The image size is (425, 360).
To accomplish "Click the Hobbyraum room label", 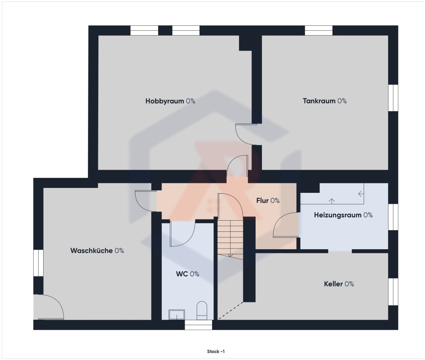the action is (170, 101).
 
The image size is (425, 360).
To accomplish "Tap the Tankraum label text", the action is (325, 101).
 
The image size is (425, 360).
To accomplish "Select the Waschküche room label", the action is (97, 251).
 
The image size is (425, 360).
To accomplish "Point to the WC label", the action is (188, 274).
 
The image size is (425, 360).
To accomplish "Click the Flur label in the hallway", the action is (268, 200).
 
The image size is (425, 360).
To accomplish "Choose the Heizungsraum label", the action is (343, 215).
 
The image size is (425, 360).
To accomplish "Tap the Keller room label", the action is (339, 284).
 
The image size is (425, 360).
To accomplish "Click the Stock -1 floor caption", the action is (216, 352).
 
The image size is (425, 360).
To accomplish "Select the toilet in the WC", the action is (202, 310).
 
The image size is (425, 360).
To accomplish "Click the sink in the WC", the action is (177, 315).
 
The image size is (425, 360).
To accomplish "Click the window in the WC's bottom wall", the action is (198, 325).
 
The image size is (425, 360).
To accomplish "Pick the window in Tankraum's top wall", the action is (319, 30).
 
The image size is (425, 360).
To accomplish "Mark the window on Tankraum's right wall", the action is (393, 98).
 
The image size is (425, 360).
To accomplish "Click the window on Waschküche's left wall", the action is (38, 263).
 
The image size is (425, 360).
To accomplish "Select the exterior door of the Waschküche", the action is (49, 307).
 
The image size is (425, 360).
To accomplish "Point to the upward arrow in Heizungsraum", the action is (332, 201).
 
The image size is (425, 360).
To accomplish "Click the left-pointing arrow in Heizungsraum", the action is (361, 194).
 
